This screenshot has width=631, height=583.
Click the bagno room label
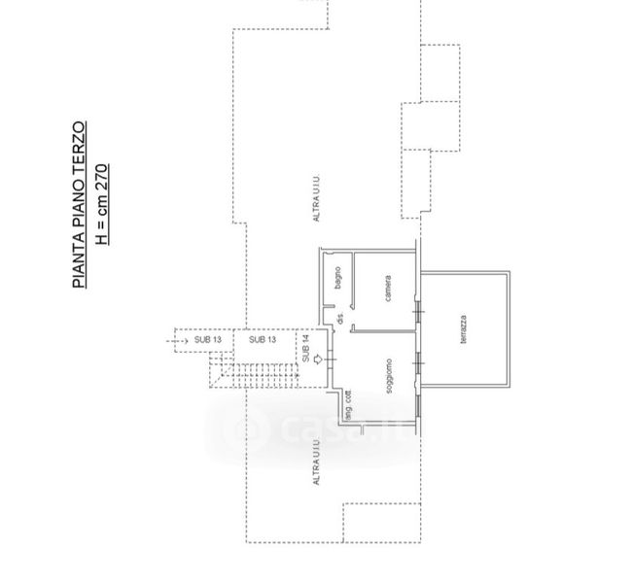[337, 277]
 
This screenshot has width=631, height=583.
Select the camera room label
[388, 289]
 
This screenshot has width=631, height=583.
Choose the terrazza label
[464, 330]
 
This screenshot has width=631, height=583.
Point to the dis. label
[340, 318]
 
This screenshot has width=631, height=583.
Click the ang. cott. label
[347, 407]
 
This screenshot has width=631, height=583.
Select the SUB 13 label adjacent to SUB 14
[263, 340]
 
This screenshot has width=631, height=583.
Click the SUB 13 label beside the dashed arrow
[208, 340]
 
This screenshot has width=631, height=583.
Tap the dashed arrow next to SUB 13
[179, 340]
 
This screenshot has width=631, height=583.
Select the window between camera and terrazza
[419, 313]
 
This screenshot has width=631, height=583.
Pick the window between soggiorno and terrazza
[419, 361]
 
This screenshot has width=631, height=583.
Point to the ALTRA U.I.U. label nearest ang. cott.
[316, 463]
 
